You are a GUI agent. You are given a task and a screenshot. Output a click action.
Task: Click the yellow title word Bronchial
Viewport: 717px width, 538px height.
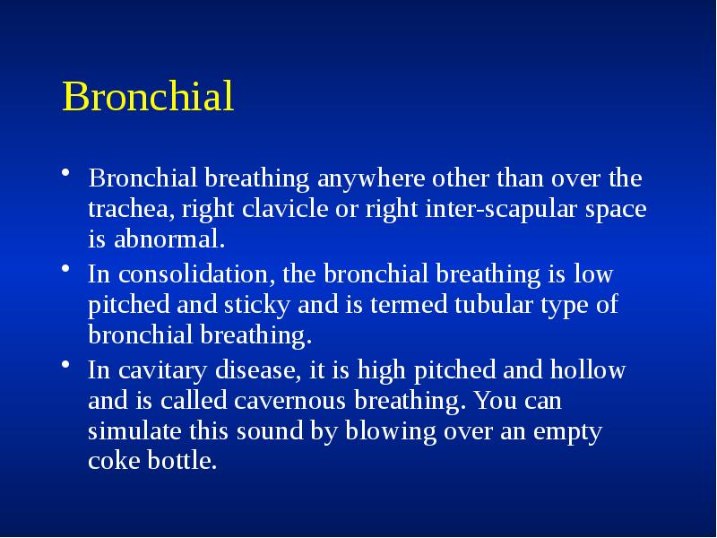(148, 98)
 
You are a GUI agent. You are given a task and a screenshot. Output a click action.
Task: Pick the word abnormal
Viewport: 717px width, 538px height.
(167, 240)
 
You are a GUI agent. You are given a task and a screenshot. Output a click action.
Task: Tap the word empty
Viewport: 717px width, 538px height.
(567, 431)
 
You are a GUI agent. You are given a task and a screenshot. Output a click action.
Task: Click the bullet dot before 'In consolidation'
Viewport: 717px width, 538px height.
(67, 270)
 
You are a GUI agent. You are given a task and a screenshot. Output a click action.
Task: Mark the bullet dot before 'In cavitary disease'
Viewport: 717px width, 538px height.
(67, 367)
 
